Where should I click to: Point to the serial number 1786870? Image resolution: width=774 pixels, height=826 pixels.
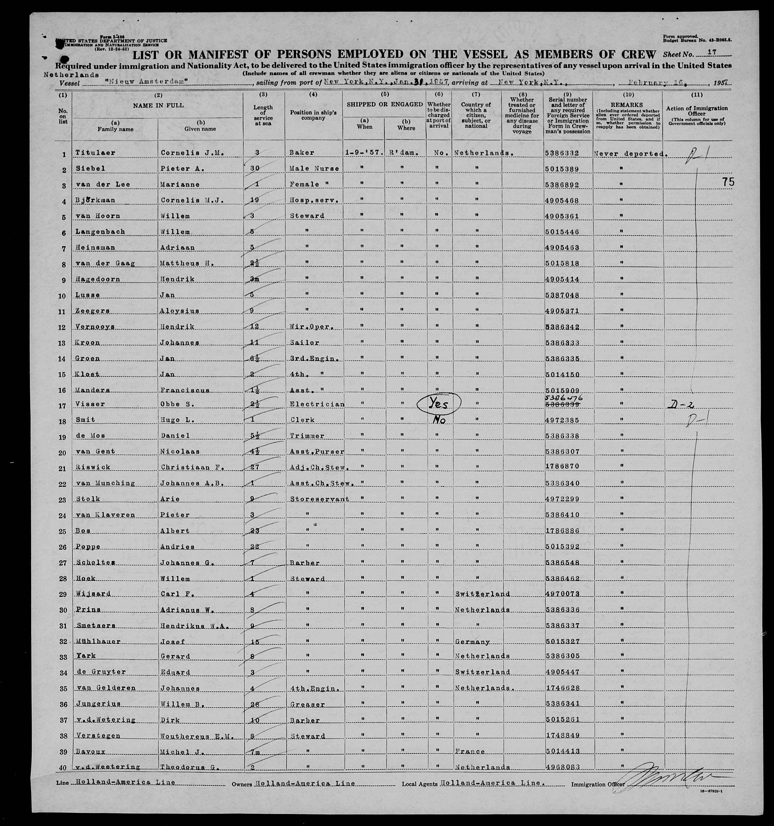(x=561, y=467)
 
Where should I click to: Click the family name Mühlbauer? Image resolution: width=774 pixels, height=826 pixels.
(x=98, y=641)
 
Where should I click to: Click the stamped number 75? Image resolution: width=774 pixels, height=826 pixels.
(x=728, y=182)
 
